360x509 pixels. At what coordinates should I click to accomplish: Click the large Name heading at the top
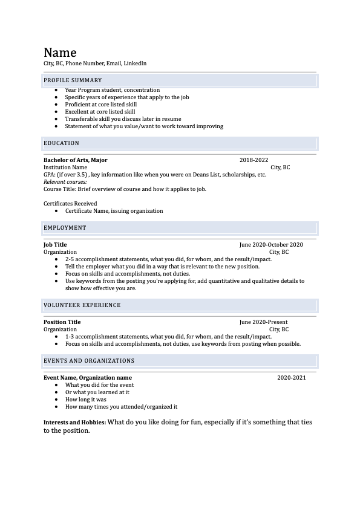point(60,52)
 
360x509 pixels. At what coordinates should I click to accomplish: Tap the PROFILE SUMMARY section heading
point(73,80)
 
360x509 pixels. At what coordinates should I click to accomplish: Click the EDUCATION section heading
point(61,143)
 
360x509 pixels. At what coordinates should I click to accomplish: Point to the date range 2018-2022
point(254,160)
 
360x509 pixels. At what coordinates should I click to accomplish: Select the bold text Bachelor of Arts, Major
point(76,160)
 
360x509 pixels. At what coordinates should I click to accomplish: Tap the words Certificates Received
point(70,204)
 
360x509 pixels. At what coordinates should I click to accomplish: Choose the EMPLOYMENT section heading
point(65,228)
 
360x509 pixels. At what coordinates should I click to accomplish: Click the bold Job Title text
point(55,245)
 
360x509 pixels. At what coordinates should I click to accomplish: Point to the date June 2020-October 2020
point(271,245)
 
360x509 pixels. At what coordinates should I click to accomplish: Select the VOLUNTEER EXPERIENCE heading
point(82,305)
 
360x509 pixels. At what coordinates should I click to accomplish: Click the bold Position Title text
point(62,322)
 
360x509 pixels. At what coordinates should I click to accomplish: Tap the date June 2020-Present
point(263,322)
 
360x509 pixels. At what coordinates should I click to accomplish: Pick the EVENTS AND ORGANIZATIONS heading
point(89,361)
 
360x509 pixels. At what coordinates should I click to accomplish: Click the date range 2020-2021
point(292,378)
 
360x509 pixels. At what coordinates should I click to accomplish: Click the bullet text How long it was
point(86,400)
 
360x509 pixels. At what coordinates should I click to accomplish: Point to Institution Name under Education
point(65,167)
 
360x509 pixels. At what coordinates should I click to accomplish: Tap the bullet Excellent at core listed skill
point(100,112)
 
